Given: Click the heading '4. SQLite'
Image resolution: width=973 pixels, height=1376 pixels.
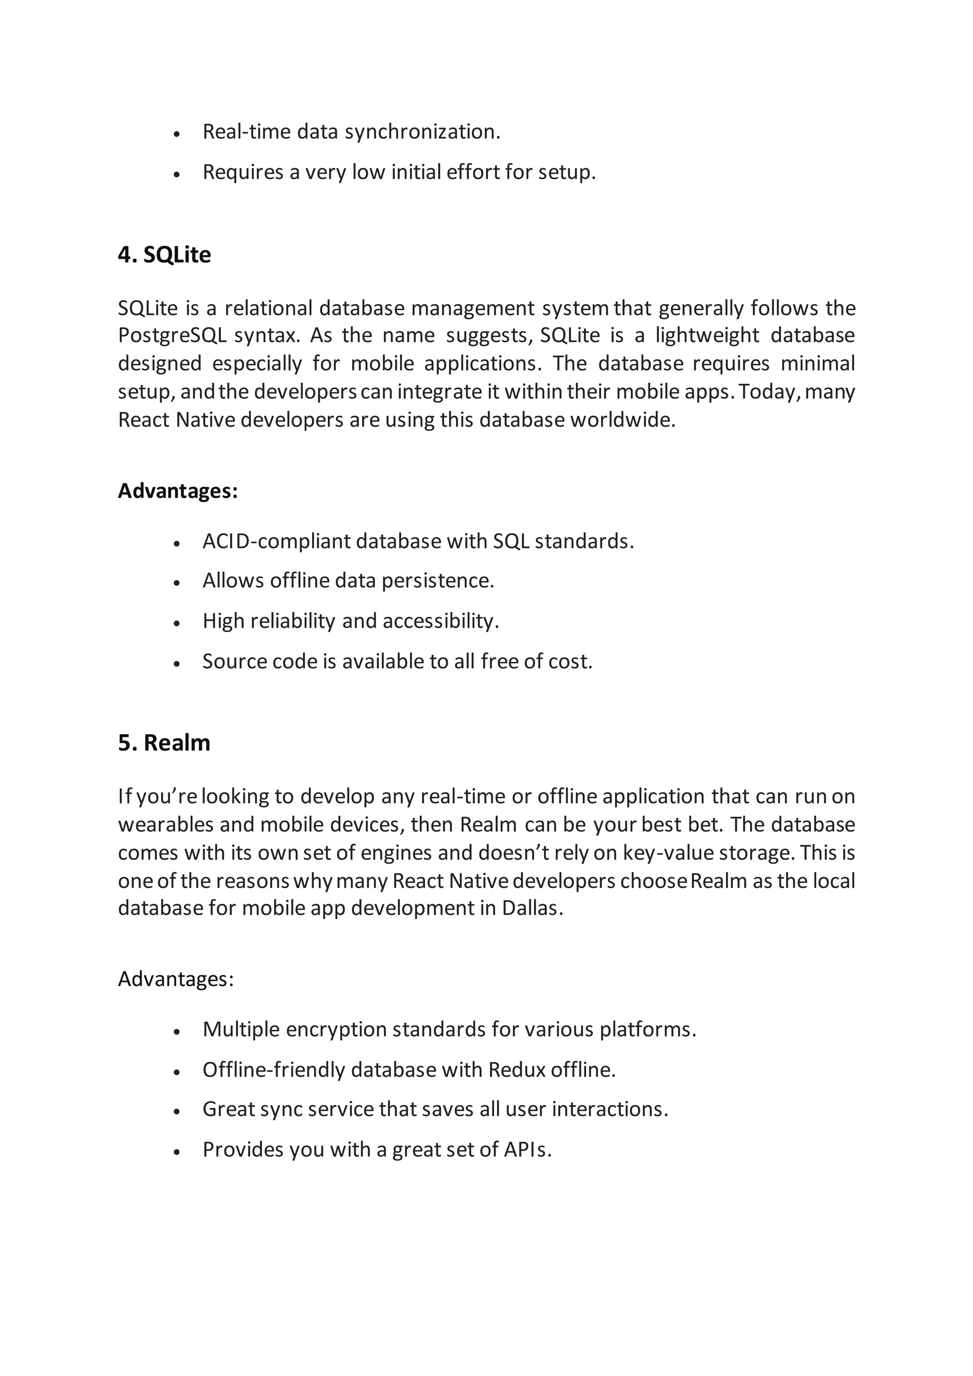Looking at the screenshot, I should point(164,255).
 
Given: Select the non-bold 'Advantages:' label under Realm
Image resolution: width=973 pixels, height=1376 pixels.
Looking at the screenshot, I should point(175,979).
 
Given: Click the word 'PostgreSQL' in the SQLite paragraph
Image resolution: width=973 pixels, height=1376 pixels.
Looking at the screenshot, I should point(172,335).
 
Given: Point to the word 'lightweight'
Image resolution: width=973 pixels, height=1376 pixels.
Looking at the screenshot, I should point(707,335).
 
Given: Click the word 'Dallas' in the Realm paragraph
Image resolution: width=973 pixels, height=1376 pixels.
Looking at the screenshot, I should point(530,908).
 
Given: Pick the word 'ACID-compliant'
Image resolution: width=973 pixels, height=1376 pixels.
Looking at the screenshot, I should point(276,541).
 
